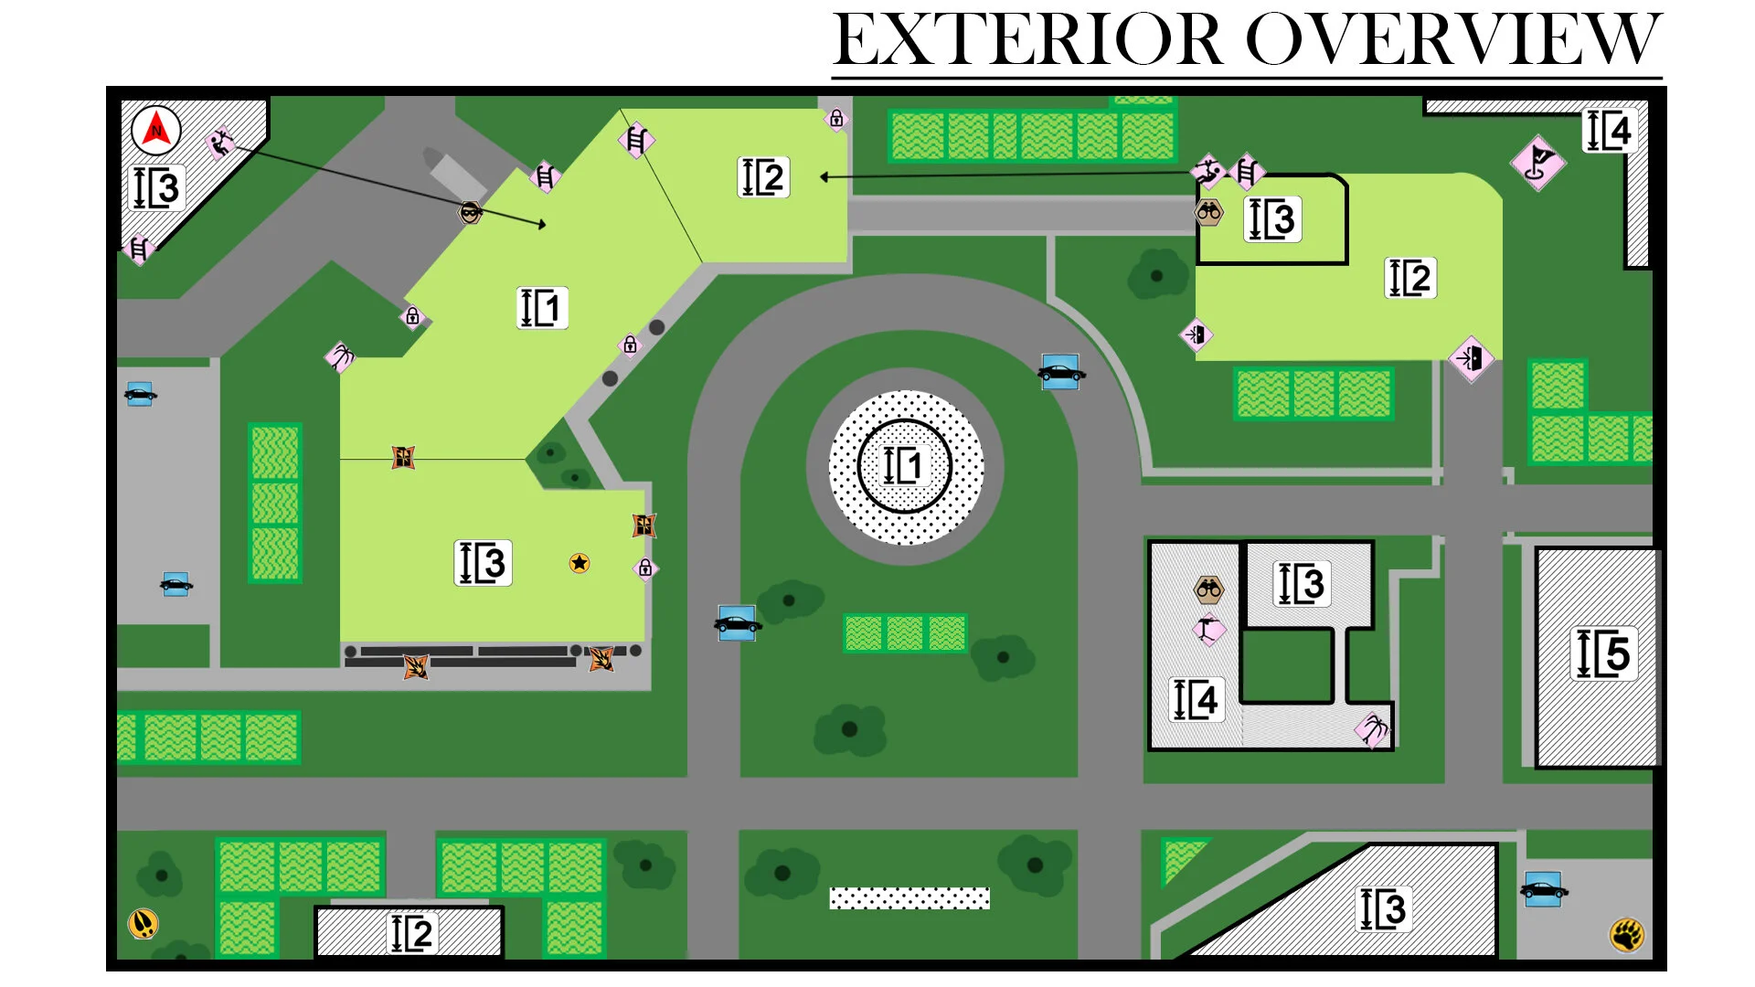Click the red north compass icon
(x=156, y=131)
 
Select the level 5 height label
(x=1604, y=653)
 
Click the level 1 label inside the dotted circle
(x=903, y=465)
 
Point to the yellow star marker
(x=579, y=563)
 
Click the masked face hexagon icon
(x=470, y=213)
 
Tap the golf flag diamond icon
(x=1537, y=163)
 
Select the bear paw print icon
(x=1627, y=934)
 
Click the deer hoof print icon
(x=144, y=923)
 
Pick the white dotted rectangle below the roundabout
(x=909, y=898)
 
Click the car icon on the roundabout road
(x=1060, y=372)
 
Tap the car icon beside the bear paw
(x=1544, y=889)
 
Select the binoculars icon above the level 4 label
(x=1208, y=589)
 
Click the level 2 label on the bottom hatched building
(x=412, y=933)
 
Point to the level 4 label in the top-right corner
(x=1610, y=131)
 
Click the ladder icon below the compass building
(x=139, y=248)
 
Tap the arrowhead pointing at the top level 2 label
(x=824, y=177)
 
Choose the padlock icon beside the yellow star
(x=645, y=568)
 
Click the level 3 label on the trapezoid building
(x=1383, y=908)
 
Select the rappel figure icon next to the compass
(x=219, y=143)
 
